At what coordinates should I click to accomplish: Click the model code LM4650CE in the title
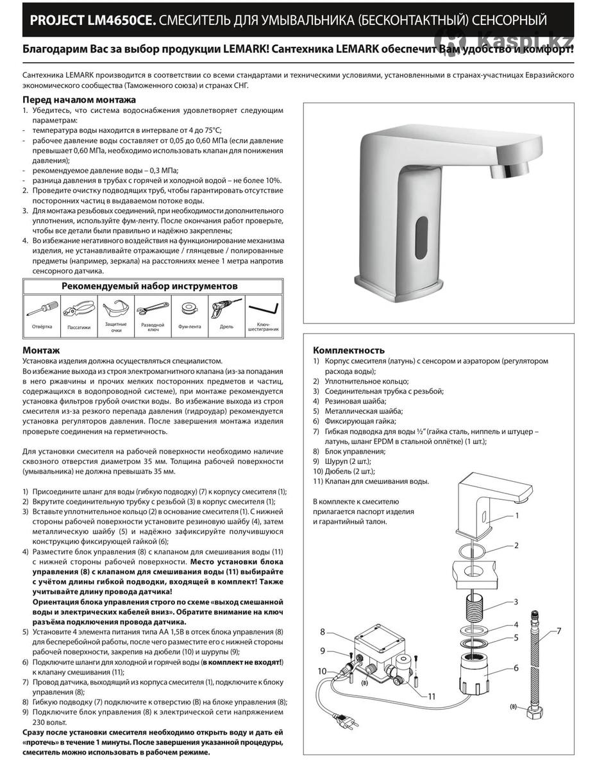119,21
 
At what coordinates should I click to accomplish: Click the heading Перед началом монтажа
79,100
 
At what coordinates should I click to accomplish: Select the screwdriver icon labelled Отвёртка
41,309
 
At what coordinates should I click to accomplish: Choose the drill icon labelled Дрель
226,308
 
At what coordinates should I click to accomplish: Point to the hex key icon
263,309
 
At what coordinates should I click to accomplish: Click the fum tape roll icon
189,309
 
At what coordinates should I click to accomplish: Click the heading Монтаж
41,350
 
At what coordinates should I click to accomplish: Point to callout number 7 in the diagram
559,631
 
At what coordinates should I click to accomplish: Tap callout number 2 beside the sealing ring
516,546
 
